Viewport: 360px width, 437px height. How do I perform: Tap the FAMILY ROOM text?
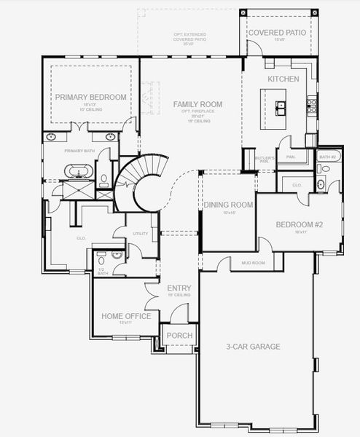click(197, 104)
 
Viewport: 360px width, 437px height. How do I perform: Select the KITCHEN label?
click(283, 79)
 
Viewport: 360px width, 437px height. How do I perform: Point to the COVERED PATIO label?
click(277, 34)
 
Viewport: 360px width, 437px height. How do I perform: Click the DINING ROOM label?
click(229, 205)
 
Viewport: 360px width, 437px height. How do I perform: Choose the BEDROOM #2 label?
click(299, 224)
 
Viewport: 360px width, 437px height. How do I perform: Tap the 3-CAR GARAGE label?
click(253, 347)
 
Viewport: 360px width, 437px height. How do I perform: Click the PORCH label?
click(179, 336)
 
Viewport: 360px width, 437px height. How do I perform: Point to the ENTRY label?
click(179, 288)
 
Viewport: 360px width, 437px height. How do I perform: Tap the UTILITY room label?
click(141, 234)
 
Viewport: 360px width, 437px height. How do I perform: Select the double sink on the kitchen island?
click(281, 107)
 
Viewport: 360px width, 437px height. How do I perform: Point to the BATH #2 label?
click(326, 157)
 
